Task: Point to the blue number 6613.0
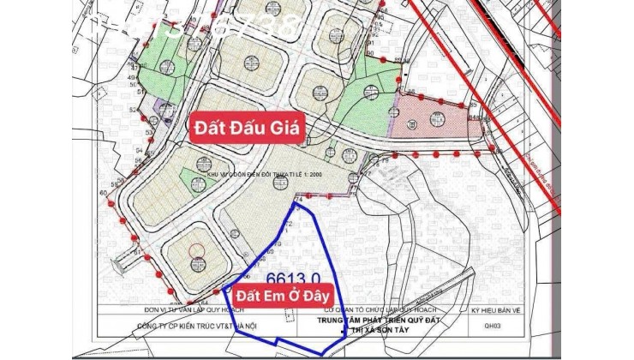tap(295, 279)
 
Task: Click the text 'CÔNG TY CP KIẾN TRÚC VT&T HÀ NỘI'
tap(176, 327)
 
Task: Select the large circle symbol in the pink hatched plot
tap(414, 121)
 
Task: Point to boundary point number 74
tap(299, 198)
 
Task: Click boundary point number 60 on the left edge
tap(104, 194)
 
